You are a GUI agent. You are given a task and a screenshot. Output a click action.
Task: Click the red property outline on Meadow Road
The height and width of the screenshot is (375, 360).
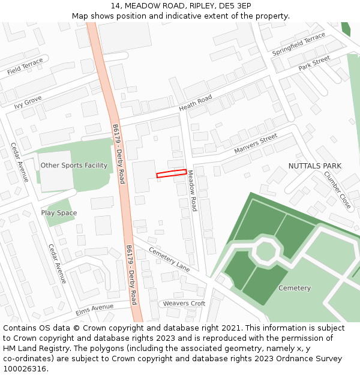(172, 173)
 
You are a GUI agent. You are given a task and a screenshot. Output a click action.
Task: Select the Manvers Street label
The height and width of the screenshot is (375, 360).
(256, 142)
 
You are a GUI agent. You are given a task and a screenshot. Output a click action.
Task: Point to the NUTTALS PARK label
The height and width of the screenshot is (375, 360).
(314, 166)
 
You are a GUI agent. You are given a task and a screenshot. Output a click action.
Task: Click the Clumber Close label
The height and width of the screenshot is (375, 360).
(337, 190)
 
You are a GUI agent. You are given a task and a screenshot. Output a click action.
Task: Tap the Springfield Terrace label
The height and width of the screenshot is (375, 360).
(298, 45)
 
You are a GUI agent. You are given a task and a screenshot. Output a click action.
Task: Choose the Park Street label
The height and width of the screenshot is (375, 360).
(314, 63)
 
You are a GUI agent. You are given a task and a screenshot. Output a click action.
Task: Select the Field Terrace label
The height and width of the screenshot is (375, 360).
(25, 67)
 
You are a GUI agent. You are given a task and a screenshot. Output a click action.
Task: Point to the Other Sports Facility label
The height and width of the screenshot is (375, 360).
(74, 166)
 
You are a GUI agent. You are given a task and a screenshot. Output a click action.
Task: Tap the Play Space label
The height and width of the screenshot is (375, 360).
(59, 213)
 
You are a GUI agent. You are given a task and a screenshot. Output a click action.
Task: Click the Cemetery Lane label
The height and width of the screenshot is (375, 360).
(169, 259)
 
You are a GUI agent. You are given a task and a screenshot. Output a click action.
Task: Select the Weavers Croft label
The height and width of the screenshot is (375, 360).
(184, 304)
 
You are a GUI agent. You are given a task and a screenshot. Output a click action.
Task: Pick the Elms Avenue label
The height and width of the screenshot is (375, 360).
(94, 310)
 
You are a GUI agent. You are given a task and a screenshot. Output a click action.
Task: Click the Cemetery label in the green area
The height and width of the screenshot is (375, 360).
(295, 288)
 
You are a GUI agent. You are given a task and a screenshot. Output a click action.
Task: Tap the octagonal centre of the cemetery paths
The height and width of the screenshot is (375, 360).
(265, 250)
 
